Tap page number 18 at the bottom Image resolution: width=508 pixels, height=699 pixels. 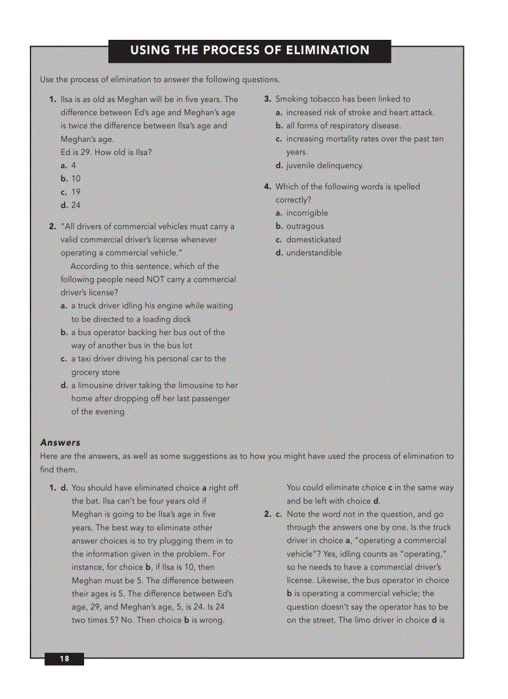point(64,659)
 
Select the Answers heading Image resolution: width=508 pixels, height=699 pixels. point(60,443)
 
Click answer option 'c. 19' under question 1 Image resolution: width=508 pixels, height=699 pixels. point(70,192)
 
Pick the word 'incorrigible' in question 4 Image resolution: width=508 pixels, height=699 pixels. point(307,213)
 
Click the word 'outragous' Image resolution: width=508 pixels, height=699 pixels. point(305,226)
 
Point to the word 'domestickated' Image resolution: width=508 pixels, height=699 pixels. point(314,239)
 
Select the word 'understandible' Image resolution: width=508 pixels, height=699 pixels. point(314,253)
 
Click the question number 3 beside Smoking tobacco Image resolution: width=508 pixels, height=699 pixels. point(267,99)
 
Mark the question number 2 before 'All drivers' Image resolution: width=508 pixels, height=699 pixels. point(53,226)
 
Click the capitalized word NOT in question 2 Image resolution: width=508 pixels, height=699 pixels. point(156,279)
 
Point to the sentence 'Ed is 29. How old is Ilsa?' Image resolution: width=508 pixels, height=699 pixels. point(106,152)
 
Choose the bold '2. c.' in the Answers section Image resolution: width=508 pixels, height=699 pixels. point(273,514)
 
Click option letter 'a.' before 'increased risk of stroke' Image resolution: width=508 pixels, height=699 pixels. point(280,113)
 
